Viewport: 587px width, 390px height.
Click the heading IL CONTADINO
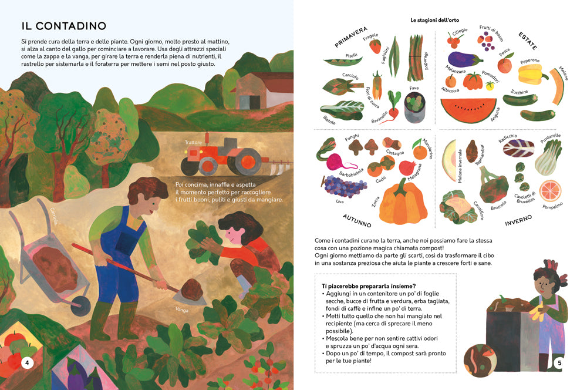(63, 26)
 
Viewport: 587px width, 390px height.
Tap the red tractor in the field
(221, 156)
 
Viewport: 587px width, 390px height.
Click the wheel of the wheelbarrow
(80, 302)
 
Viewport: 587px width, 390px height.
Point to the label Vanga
(182, 310)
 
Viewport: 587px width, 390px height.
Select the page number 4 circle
(27, 362)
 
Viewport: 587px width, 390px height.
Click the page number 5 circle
(559, 362)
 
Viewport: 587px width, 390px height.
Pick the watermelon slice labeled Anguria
(468, 110)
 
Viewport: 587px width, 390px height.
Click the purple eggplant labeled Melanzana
(464, 59)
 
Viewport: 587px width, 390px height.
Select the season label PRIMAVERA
(351, 37)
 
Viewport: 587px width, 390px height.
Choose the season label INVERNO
(518, 220)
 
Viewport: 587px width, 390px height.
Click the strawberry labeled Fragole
(375, 46)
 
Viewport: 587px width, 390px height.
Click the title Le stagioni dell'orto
(434, 20)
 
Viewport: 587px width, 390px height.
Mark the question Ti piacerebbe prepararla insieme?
(369, 286)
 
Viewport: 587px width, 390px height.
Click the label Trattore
(193, 142)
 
